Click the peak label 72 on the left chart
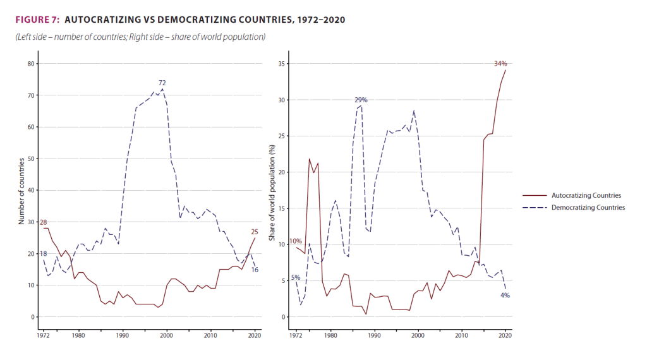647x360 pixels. tap(162, 83)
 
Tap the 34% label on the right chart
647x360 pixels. tap(500, 64)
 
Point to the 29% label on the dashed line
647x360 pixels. tap(361, 100)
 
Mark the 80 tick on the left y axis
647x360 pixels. tap(29, 64)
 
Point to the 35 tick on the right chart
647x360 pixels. tap(282, 64)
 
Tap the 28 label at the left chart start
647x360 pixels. tap(43, 222)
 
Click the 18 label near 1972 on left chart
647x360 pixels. tap(43, 254)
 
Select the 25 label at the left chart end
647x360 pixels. tap(255, 231)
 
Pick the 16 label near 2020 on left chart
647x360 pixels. tap(255, 270)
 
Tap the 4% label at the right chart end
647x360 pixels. tap(505, 296)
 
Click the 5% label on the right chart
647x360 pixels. tap(294, 278)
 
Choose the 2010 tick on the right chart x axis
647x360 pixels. tap(462, 335)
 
